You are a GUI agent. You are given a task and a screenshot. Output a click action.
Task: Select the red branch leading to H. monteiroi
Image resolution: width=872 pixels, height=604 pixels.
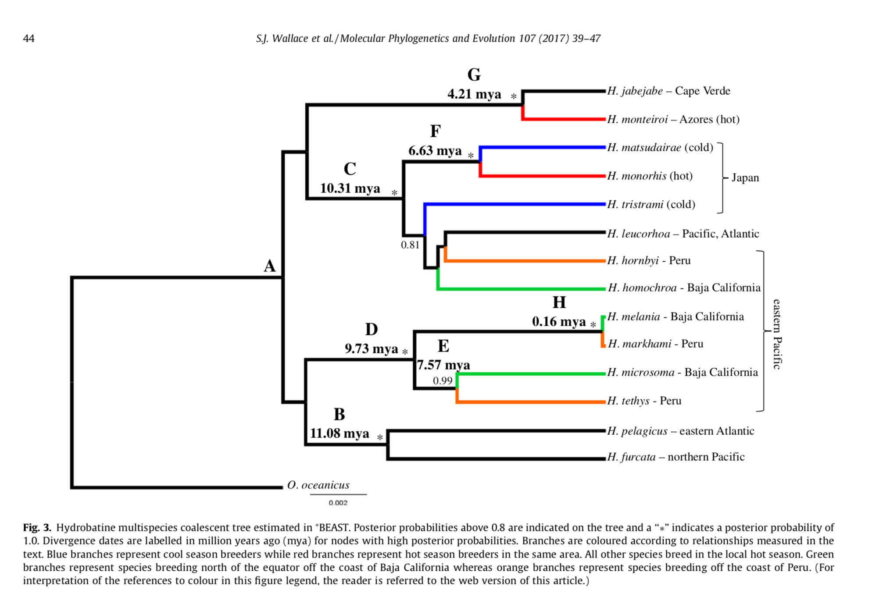[564, 119]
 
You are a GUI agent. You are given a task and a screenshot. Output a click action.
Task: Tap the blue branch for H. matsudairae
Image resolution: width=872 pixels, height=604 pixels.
[543, 147]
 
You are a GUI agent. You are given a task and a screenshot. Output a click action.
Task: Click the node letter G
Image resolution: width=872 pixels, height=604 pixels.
[474, 75]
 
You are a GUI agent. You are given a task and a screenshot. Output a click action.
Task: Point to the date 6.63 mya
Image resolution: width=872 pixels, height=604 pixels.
[435, 151]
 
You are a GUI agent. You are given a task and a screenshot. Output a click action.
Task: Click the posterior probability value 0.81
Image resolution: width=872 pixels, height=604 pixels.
[410, 245]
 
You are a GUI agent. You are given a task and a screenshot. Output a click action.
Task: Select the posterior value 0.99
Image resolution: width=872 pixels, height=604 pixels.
[442, 380]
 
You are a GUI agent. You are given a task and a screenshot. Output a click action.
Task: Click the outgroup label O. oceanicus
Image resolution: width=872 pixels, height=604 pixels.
[318, 485]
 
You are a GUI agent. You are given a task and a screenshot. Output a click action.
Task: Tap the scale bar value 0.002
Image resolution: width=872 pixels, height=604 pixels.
[338, 503]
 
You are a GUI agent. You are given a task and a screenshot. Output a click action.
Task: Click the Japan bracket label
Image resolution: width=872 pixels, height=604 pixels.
[745, 178]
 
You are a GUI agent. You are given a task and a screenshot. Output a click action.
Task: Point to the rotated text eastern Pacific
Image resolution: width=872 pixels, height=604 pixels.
[777, 334]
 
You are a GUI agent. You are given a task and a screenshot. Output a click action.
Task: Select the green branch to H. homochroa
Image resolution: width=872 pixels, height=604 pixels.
[522, 288]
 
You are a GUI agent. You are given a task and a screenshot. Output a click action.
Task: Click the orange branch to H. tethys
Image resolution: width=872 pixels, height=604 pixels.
[531, 401]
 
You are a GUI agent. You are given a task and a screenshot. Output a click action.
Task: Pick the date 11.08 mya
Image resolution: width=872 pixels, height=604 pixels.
[340, 433]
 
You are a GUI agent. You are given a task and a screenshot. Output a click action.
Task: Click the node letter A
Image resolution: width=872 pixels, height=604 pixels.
[270, 266]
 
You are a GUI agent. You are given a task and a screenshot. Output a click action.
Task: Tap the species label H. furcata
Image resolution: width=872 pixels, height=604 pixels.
[632, 457]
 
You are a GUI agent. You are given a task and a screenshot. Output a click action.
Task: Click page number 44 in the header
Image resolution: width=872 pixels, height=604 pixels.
[29, 39]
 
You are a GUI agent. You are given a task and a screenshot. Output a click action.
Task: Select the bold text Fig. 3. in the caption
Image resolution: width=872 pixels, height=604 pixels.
[37, 527]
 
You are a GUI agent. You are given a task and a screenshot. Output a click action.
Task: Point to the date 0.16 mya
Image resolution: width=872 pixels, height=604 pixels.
[559, 322]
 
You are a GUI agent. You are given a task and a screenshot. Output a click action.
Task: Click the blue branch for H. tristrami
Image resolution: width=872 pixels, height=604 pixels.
[515, 204]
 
